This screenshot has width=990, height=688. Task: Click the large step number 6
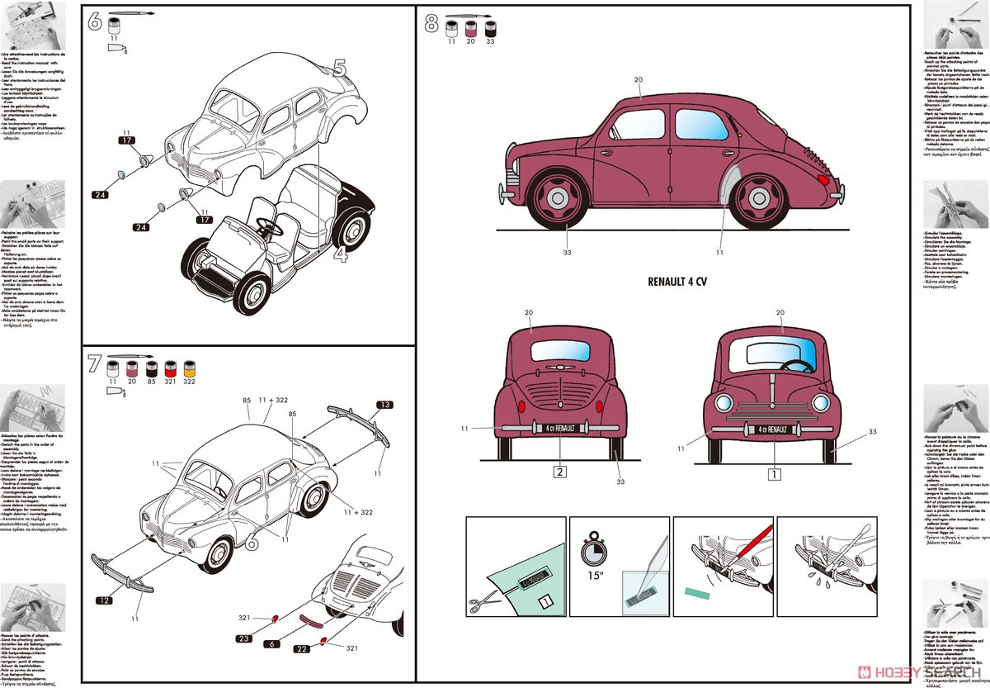(94, 22)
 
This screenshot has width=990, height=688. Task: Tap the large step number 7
(94, 363)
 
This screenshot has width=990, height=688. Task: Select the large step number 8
(431, 23)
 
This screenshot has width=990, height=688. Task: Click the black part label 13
(384, 404)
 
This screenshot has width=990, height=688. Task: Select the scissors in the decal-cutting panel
(478, 605)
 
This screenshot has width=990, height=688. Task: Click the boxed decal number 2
(559, 473)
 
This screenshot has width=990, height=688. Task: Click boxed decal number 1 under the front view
(774, 474)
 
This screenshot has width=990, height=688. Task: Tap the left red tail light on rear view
(521, 407)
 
